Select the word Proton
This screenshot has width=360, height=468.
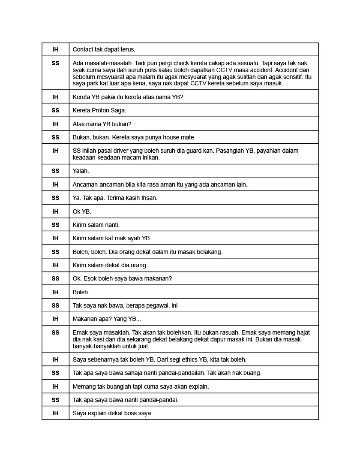102,110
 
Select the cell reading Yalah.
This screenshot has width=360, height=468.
81,171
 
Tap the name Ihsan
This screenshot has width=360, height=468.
149,198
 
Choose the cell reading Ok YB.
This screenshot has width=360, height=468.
82,211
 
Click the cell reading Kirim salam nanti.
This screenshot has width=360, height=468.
96,225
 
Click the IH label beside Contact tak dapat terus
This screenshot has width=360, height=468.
55,49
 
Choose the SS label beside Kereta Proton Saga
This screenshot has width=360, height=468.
55,110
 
